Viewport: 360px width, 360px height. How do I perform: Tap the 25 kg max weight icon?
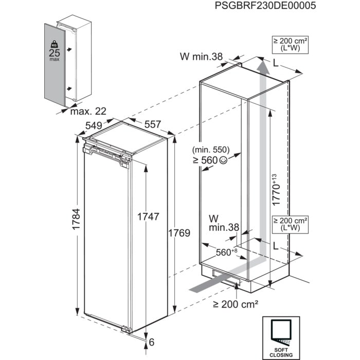click(x=53, y=51)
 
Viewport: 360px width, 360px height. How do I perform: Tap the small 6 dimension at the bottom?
click(x=153, y=341)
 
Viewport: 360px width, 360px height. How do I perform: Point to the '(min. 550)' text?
click(x=211, y=151)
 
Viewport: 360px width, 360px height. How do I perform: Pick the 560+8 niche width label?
click(x=226, y=252)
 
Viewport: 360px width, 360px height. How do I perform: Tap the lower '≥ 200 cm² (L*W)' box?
click(x=291, y=224)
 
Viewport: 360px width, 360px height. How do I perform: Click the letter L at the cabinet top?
click(x=277, y=63)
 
